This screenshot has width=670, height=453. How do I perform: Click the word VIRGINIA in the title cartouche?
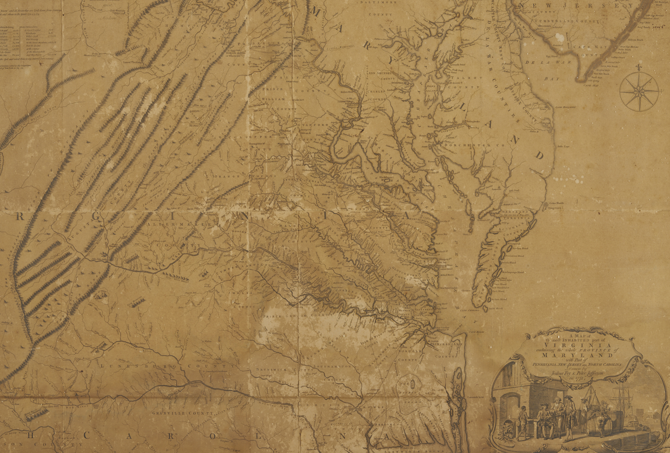pos(579,346)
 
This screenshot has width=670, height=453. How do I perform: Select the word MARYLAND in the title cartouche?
pos(579,356)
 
